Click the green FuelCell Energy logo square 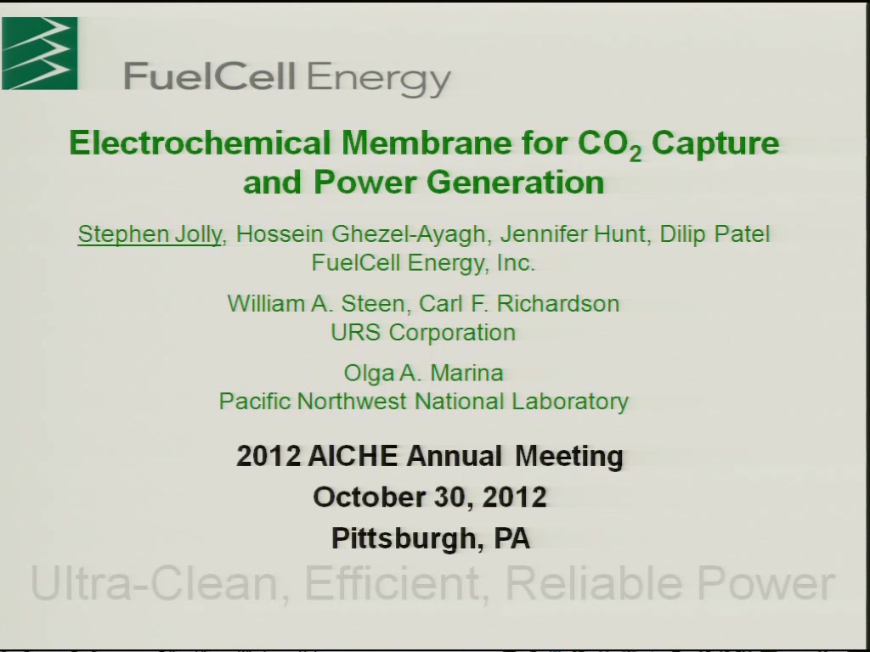39,53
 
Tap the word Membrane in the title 427,143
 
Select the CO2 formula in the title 610,144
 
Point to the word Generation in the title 516,182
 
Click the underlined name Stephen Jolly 150,234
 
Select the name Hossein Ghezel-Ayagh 360,234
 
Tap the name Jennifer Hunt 573,233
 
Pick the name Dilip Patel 715,233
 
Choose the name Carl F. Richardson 519,304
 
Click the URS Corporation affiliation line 423,333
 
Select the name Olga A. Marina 423,374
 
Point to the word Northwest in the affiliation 352,401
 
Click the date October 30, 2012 430,497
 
